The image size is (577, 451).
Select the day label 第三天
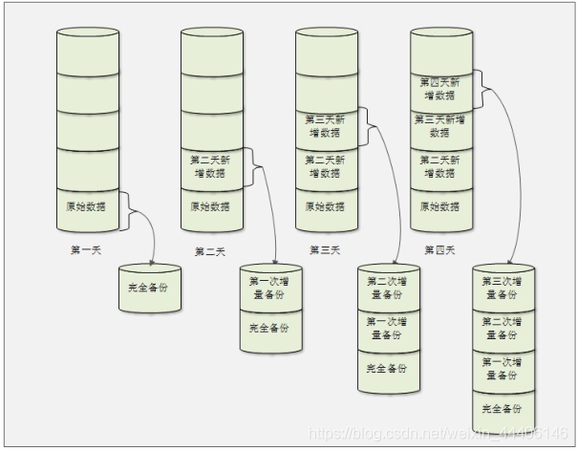pyautogui.click(x=325, y=250)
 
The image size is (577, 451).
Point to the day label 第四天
pyautogui.click(x=441, y=250)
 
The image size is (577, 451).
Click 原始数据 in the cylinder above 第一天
pyautogui.click(x=87, y=206)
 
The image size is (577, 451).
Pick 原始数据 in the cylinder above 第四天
pyautogui.click(x=441, y=206)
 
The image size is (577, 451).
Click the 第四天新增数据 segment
pyautogui.click(x=441, y=89)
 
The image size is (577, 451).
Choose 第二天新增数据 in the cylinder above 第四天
pyautogui.click(x=441, y=166)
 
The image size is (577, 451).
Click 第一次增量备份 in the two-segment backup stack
pyautogui.click(x=269, y=288)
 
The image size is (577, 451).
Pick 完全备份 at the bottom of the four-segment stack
pyautogui.click(x=502, y=409)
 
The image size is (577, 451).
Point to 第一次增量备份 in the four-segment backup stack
pyautogui.click(x=502, y=369)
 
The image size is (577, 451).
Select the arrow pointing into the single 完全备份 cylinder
pyautogui.click(x=148, y=234)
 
